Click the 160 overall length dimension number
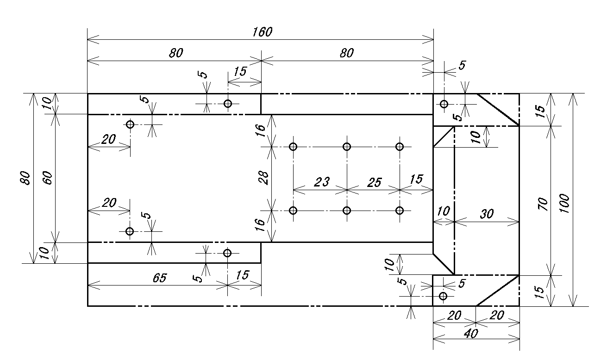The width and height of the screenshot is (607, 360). (263, 32)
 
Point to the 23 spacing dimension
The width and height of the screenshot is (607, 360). (321, 182)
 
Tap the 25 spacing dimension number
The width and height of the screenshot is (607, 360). (374, 182)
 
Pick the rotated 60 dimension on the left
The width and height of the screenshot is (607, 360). (48, 178)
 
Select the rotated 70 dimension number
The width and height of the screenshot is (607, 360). (544, 204)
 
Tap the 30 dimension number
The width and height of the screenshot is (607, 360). (487, 213)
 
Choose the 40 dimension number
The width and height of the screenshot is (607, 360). (471, 333)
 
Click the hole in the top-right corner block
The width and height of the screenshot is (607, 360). (444, 104)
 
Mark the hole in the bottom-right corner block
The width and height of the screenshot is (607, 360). (443, 296)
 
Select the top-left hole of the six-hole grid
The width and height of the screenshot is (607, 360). (293, 147)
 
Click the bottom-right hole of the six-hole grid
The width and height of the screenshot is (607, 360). (400, 211)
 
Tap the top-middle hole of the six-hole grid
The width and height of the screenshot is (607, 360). (347, 147)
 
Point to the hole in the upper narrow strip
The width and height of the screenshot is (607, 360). (228, 103)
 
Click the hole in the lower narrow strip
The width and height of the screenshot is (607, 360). (227, 253)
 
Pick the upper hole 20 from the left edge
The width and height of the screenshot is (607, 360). (130, 124)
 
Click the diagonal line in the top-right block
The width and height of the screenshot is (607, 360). (498, 109)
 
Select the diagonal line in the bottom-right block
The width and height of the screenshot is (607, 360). (497, 291)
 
